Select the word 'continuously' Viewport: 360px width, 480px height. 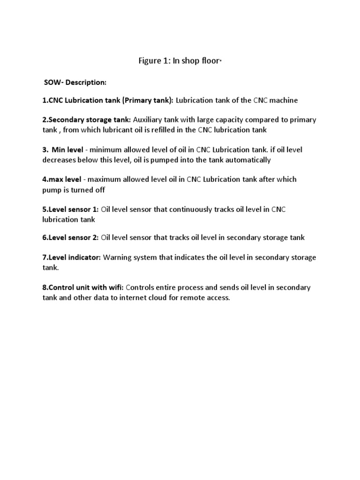(x=190, y=209)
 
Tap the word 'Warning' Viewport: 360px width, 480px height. (x=117, y=257)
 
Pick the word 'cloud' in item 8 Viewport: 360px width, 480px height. (x=170, y=298)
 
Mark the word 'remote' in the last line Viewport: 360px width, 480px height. (x=196, y=298)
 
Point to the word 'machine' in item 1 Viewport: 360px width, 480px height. (x=284, y=100)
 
